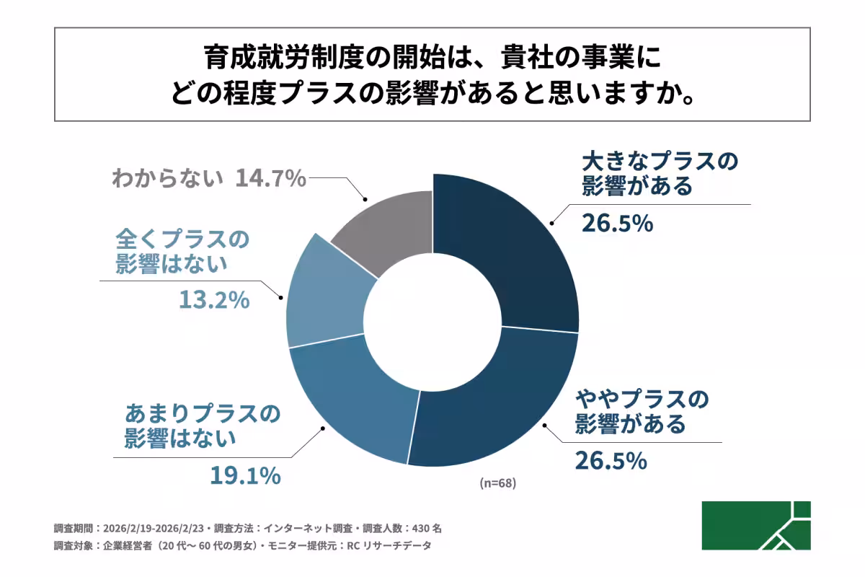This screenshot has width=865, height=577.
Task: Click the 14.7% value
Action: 271,178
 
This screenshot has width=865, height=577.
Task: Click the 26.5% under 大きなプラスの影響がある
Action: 617,223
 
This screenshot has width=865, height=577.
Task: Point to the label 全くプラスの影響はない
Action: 181,250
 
